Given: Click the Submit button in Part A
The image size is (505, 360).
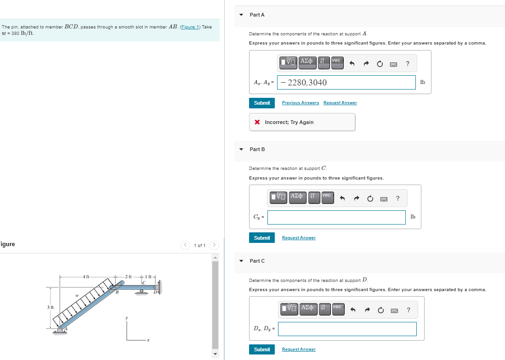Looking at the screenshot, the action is click(x=262, y=103).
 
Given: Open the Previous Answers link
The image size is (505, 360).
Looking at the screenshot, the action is click(x=301, y=103).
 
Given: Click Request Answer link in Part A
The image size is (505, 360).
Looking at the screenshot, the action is click(x=340, y=103).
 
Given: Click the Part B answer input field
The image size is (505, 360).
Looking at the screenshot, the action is click(x=336, y=217).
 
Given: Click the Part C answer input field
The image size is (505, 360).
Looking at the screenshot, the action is click(x=347, y=329).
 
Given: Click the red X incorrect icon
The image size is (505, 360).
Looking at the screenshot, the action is click(x=257, y=122).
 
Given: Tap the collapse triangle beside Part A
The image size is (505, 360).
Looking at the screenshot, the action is click(x=241, y=15).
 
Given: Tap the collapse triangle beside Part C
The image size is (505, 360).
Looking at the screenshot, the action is click(x=241, y=261).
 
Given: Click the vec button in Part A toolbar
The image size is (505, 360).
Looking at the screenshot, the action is click(x=337, y=63).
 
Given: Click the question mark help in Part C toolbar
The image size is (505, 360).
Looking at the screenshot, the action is click(x=409, y=310).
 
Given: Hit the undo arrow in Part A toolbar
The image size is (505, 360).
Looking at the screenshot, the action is click(x=352, y=64).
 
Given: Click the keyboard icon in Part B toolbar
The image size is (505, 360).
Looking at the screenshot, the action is click(x=384, y=199).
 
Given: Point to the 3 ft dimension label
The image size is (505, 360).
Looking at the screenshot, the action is click(x=50, y=307).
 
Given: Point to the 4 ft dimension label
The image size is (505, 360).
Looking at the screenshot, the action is click(x=85, y=277).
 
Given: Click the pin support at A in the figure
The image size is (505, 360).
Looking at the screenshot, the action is click(x=60, y=330).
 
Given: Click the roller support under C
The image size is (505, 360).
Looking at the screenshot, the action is click(x=142, y=292).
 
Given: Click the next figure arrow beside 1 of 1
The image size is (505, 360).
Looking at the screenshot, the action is click(x=214, y=245).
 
